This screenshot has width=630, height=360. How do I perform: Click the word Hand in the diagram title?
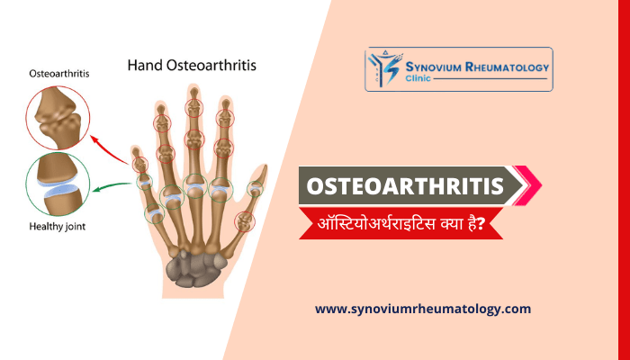(x=146, y=65)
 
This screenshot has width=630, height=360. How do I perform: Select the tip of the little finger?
(x=136, y=151)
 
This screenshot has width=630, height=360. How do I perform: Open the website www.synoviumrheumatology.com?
(x=423, y=309)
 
